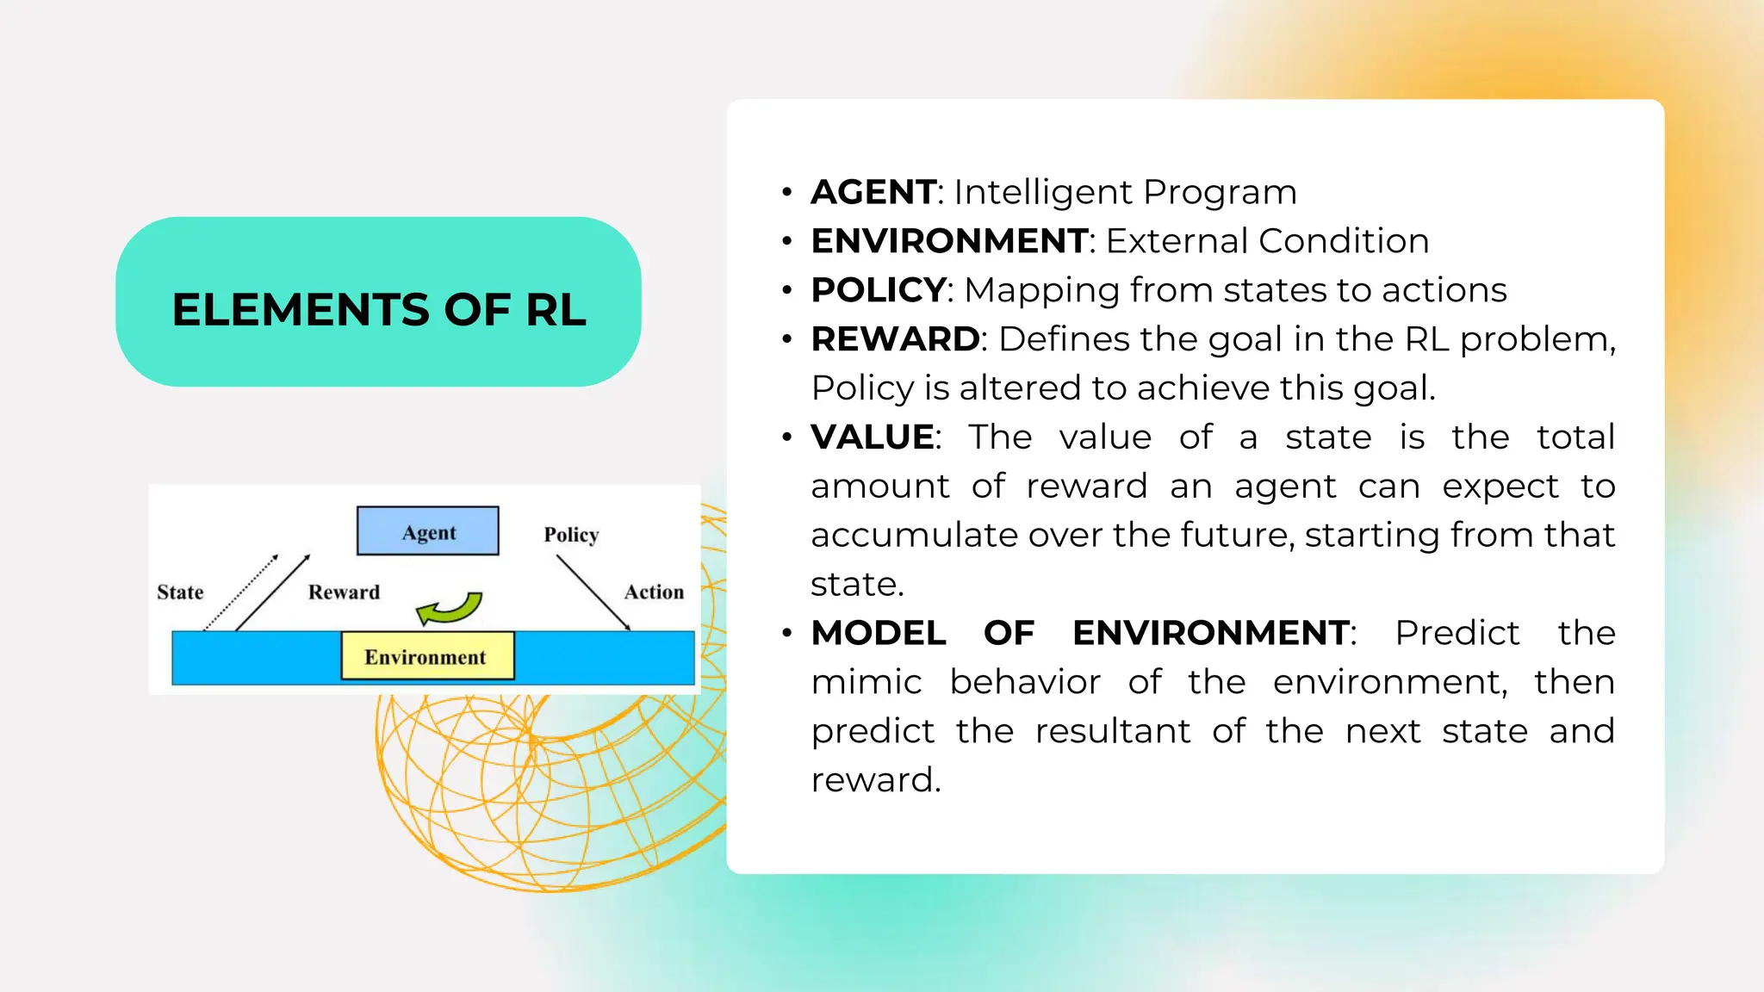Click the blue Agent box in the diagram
(428, 531)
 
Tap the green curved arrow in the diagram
(450, 608)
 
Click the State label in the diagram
(180, 592)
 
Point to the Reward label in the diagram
(344, 592)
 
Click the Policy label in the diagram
(571, 535)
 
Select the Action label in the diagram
(654, 592)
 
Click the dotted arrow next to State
(241, 592)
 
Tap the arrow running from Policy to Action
(593, 592)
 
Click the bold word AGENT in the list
(873, 192)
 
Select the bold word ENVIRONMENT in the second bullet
(949, 241)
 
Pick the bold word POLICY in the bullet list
(878, 290)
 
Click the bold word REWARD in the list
(894, 339)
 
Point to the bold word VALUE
(872, 437)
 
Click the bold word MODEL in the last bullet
(879, 633)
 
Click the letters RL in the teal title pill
(556, 310)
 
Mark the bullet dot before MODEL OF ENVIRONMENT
(786, 634)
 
